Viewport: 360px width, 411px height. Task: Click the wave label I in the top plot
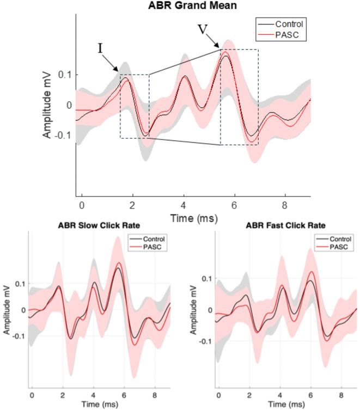pos(101,48)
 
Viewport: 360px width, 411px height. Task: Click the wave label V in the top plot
pos(203,28)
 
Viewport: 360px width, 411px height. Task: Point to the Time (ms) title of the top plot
pos(193,218)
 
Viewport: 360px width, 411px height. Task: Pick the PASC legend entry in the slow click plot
pos(154,247)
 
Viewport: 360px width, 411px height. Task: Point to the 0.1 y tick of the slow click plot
pos(20,284)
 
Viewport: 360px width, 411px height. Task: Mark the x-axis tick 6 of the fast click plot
pos(310,394)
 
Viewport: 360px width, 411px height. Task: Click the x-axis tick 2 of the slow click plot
pos(63,394)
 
